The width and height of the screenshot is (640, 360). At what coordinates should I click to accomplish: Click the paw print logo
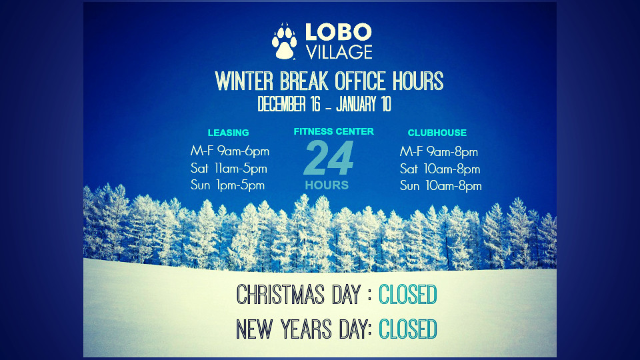[x=285, y=41]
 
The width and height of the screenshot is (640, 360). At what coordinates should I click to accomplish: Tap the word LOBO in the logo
[x=338, y=32]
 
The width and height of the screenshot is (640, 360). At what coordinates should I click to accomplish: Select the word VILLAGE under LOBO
[x=339, y=51]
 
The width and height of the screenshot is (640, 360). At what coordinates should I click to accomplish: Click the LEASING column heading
[x=228, y=133]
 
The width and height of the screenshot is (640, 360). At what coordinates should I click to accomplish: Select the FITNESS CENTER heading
[x=333, y=131]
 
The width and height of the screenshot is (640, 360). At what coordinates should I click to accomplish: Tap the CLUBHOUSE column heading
[x=437, y=133]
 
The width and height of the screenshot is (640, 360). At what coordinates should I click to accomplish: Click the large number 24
[x=328, y=159]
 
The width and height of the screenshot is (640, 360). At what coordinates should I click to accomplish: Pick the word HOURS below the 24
[x=327, y=185]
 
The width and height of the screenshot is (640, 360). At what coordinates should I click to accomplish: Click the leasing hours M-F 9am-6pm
[x=229, y=151]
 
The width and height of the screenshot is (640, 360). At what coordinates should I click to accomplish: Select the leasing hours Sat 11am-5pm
[x=229, y=169]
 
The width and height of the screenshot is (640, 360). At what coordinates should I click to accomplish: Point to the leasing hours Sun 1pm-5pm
[x=227, y=185]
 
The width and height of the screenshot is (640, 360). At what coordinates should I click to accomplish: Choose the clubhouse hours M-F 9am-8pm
[x=439, y=152]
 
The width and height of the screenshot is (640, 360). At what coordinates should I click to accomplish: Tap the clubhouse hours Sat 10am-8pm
[x=440, y=169]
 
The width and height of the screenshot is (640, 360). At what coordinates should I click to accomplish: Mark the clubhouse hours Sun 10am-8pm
[x=440, y=186]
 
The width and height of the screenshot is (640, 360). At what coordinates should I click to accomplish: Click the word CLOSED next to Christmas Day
[x=408, y=295]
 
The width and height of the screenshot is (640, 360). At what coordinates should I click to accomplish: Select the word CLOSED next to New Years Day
[x=408, y=329]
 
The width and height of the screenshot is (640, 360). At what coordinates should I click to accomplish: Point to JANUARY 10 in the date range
[x=364, y=105]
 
